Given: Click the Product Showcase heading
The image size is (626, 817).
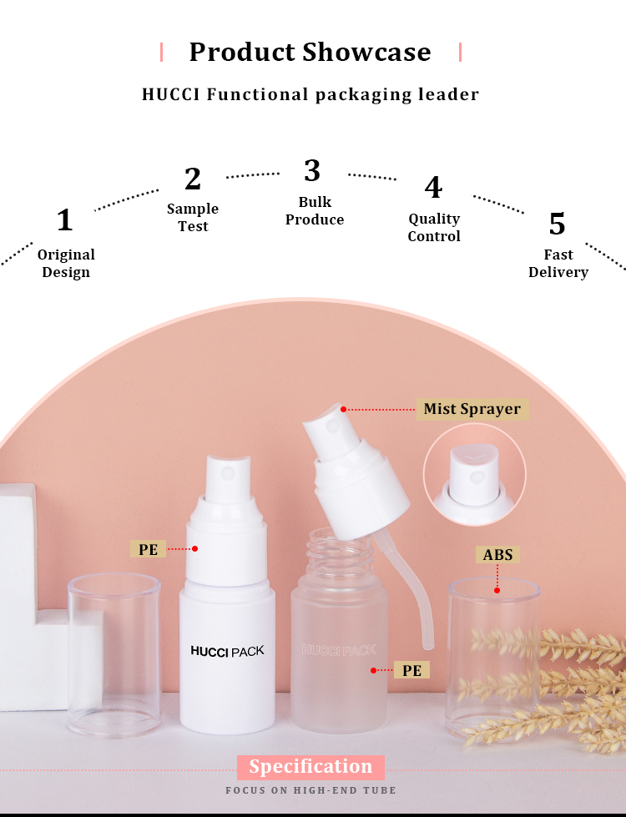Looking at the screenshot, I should click(310, 52).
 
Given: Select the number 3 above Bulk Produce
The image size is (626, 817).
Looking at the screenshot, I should click(312, 170).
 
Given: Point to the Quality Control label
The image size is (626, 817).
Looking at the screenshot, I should click(434, 227).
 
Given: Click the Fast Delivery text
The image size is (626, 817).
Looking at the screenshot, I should click(558, 263).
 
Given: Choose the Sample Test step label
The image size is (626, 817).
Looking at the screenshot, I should click(193, 217).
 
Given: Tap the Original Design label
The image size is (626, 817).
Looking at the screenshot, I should click(66, 263).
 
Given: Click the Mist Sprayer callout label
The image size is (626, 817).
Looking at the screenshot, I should click(472, 409).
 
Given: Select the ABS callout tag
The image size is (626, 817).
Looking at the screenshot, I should click(497, 555).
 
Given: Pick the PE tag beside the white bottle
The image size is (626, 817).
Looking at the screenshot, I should click(149, 549).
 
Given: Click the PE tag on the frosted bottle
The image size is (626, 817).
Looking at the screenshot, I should click(411, 670).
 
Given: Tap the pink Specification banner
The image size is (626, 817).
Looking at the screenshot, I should click(310, 766).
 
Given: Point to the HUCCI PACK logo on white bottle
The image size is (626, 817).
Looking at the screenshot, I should click(227, 650).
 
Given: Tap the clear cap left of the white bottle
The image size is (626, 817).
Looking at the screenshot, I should click(114, 643).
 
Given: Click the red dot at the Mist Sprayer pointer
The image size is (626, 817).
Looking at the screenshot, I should click(343, 409).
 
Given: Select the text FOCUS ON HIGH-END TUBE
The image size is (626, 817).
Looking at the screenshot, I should click(310, 789).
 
